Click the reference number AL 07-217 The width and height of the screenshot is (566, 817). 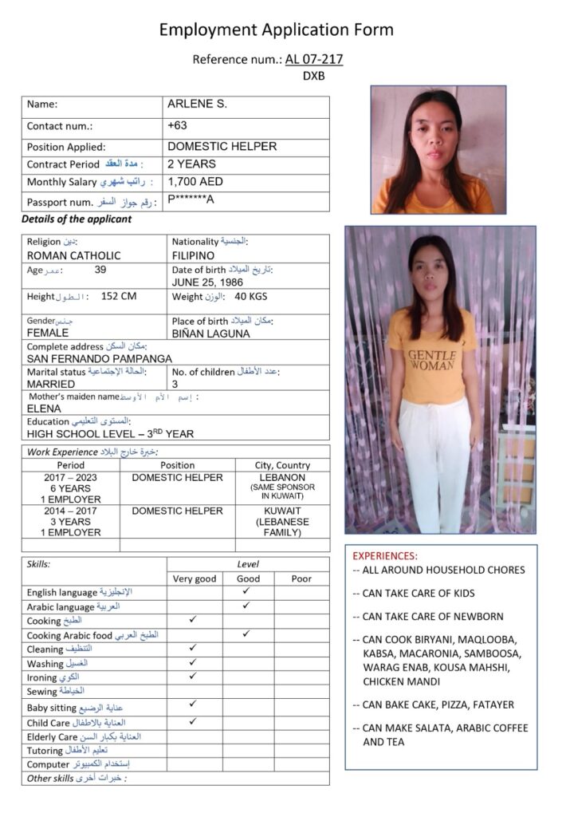[314, 59]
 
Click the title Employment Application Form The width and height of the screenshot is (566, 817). [276, 30]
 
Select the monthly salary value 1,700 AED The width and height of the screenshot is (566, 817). [195, 182]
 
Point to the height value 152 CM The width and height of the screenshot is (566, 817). [119, 297]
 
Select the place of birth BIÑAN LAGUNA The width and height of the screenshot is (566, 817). [210, 334]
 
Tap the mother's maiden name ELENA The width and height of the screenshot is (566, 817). [44, 408]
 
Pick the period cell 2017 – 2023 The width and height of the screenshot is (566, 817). [70, 478]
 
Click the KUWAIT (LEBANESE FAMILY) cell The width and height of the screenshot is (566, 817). [282, 521]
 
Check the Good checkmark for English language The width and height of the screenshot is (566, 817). [247, 591]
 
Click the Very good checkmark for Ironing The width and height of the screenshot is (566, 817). [193, 676]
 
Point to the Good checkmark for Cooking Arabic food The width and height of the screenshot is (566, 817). [247, 633]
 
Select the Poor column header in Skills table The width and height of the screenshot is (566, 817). [301, 578]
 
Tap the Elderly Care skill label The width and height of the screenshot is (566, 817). [52, 736]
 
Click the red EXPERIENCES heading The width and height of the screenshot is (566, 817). [384, 555]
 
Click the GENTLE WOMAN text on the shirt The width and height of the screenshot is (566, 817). [432, 359]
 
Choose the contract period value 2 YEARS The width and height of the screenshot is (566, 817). [191, 164]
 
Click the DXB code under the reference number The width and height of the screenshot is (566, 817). [313, 77]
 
